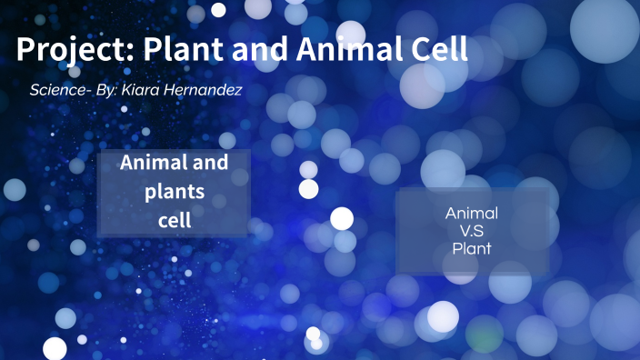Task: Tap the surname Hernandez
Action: [x=209, y=91]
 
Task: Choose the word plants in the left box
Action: [x=174, y=192]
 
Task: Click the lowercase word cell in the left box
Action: [x=174, y=219]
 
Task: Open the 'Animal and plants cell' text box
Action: [x=174, y=192]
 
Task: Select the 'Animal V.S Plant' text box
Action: [x=473, y=231]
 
